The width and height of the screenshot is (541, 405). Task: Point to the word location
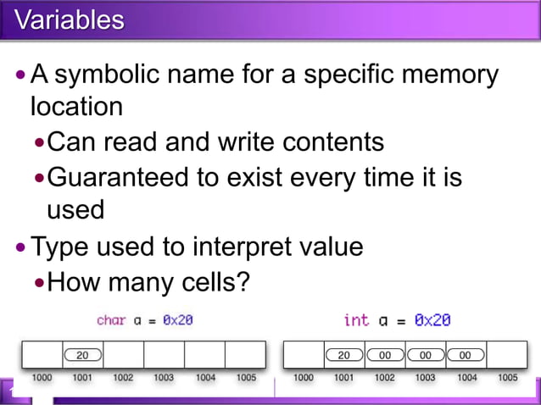pyautogui.click(x=76, y=108)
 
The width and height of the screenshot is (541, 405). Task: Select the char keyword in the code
pyautogui.click(x=111, y=320)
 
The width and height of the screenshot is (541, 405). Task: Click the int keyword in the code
pyautogui.click(x=356, y=320)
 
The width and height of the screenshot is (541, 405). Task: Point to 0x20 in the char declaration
pyautogui.click(x=179, y=320)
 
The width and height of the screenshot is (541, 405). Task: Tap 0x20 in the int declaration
pyautogui.click(x=432, y=320)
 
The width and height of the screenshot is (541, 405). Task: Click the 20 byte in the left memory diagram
pyautogui.click(x=82, y=355)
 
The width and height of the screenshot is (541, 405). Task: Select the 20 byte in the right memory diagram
pyautogui.click(x=343, y=355)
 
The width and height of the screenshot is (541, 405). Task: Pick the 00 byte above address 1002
pyautogui.click(x=384, y=355)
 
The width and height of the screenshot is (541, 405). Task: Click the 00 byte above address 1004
pyautogui.click(x=465, y=355)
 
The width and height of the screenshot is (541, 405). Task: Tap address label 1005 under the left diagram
pyautogui.click(x=246, y=377)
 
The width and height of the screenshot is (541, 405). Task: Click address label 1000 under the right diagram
pyautogui.click(x=303, y=377)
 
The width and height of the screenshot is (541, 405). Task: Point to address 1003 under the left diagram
pyautogui.click(x=164, y=377)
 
